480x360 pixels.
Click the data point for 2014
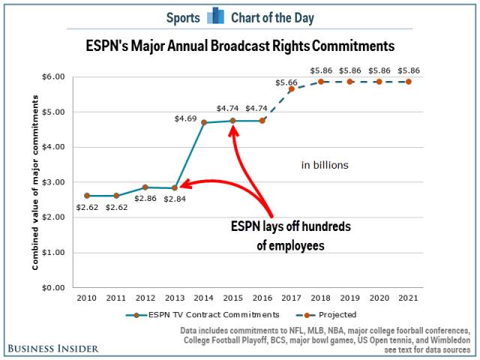[x=204, y=122]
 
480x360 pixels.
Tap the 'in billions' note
[x=325, y=164]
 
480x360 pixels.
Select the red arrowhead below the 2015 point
[x=234, y=131]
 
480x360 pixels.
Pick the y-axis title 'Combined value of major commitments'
[x=35, y=181]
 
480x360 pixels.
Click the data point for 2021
[x=409, y=81]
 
